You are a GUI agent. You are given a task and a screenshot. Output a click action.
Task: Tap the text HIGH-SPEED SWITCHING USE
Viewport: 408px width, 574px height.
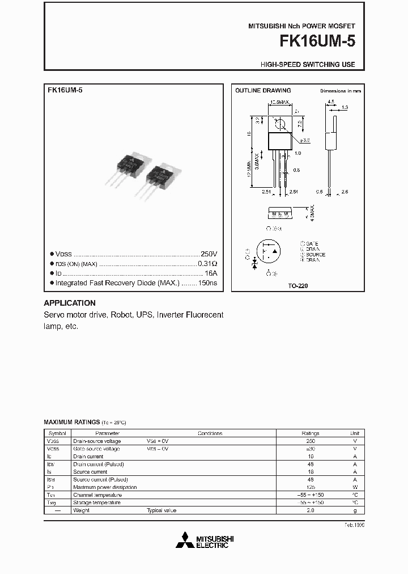point(308,65)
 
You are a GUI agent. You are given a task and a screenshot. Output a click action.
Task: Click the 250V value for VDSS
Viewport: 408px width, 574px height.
point(209,254)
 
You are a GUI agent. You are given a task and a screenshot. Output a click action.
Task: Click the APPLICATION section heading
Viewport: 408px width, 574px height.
point(70,303)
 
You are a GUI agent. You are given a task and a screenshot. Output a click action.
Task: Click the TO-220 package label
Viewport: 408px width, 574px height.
point(297,286)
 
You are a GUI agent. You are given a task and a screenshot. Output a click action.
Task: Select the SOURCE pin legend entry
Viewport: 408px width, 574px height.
point(314,255)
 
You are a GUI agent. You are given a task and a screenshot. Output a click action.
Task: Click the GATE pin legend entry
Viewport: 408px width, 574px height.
point(310,244)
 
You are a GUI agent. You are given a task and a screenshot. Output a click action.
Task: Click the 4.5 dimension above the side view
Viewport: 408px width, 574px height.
point(330,103)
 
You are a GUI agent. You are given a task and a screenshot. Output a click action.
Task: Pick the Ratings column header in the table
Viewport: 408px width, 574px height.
point(310,433)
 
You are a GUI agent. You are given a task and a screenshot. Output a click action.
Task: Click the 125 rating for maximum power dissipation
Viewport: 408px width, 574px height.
point(310,487)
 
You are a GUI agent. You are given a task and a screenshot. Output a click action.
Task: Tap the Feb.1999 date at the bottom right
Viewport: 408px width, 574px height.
point(354,525)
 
